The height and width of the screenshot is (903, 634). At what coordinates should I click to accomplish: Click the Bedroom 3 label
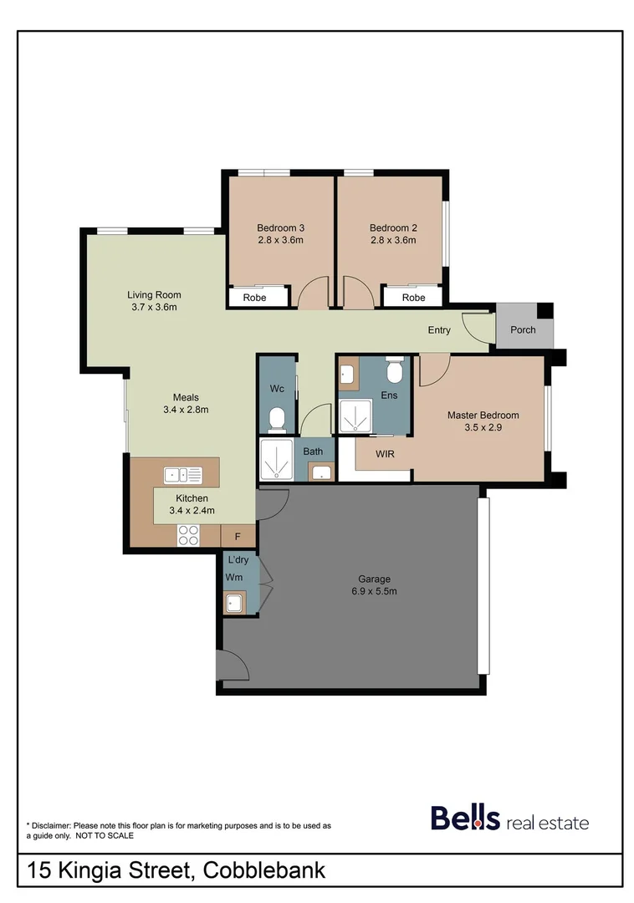tap(280, 227)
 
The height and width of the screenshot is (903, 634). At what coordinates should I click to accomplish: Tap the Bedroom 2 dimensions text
tap(393, 241)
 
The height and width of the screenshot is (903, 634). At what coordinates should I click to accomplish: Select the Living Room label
tap(154, 294)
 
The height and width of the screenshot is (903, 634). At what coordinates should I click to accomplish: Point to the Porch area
tap(523, 329)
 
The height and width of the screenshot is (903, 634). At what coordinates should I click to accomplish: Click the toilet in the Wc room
tap(277, 417)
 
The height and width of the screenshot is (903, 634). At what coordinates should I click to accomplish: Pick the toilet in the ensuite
tap(395, 368)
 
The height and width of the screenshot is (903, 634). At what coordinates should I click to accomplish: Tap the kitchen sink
tap(183, 475)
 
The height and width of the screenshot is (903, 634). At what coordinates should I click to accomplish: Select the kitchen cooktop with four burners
tap(188, 534)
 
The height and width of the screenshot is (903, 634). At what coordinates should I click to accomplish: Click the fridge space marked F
tap(238, 536)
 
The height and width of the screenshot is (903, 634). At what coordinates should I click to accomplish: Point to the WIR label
tap(385, 454)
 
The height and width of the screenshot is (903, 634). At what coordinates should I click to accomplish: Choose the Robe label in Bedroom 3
tap(254, 298)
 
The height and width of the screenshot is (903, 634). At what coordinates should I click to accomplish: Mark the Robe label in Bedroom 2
tap(413, 298)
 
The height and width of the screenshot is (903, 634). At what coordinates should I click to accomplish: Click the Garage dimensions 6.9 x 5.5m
tap(375, 591)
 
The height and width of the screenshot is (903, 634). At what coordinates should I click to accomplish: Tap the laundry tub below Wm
tap(235, 602)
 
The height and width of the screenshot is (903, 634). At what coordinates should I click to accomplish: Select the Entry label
tap(439, 330)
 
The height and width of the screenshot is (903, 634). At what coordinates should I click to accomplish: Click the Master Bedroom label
tap(483, 415)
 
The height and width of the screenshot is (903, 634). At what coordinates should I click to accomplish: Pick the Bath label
tap(313, 451)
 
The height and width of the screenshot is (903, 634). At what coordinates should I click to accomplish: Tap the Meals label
tap(185, 397)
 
